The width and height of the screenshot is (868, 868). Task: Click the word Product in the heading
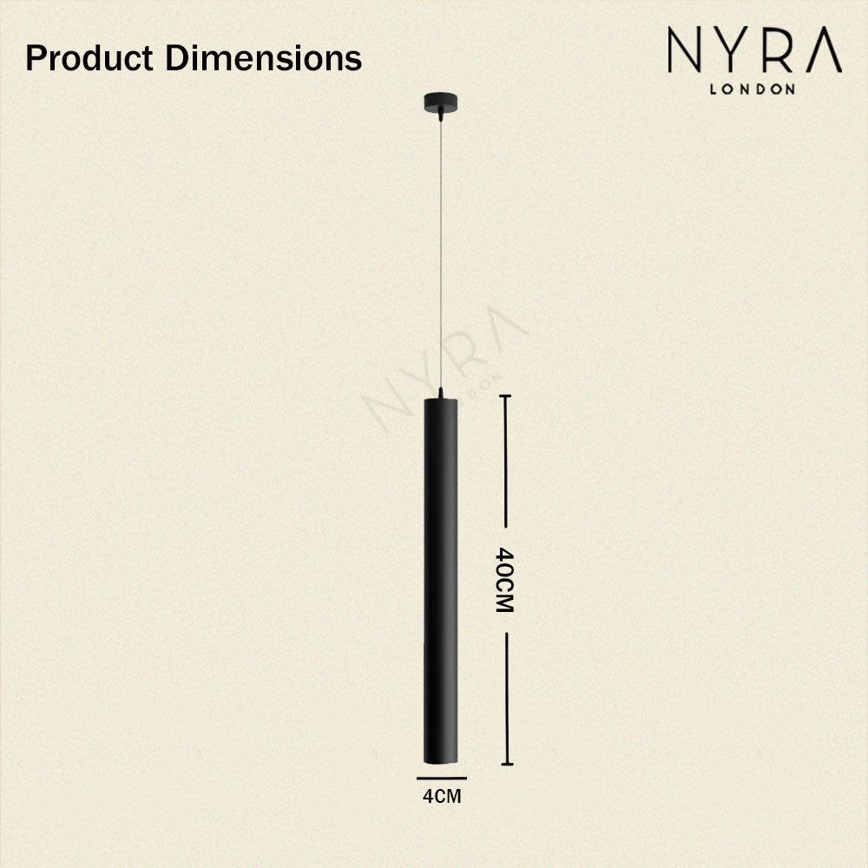click(x=90, y=58)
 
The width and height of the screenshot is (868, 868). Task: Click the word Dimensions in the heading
click(x=263, y=58)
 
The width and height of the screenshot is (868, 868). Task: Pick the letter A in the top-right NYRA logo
click(x=823, y=51)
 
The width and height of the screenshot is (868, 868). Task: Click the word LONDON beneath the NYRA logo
click(x=753, y=89)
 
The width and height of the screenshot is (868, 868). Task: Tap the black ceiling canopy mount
click(x=441, y=102)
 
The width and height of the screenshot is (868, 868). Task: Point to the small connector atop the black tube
click(x=441, y=394)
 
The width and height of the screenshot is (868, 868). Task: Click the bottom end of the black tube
click(x=440, y=759)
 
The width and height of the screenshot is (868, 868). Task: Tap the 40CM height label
click(x=505, y=580)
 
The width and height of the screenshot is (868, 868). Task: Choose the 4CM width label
click(x=441, y=795)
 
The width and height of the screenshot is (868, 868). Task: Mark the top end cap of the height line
click(x=505, y=396)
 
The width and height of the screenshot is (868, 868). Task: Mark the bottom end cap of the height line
click(x=506, y=764)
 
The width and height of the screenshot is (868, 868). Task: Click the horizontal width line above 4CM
click(x=441, y=778)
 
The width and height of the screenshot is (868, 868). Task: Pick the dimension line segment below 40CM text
click(x=506, y=694)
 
